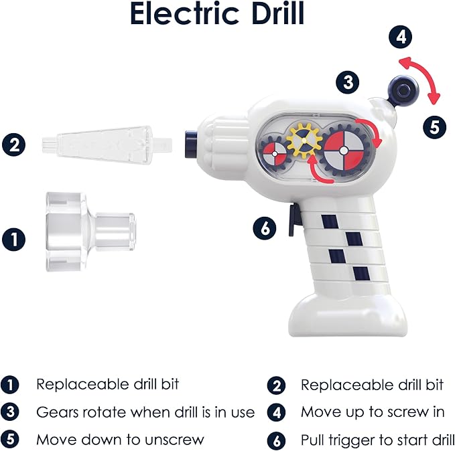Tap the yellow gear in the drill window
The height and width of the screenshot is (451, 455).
303,140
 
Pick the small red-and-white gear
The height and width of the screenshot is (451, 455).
273,153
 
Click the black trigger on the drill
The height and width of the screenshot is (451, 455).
294,220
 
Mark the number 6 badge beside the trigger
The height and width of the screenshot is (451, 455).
265,228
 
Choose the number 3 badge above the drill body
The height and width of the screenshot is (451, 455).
347,83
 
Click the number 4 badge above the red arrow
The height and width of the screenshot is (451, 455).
401,37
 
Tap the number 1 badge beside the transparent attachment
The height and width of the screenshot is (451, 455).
15,238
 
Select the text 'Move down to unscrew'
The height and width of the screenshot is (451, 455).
120,440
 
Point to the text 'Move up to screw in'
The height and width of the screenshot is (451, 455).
372,412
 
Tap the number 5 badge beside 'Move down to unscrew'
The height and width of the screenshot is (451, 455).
10,440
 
